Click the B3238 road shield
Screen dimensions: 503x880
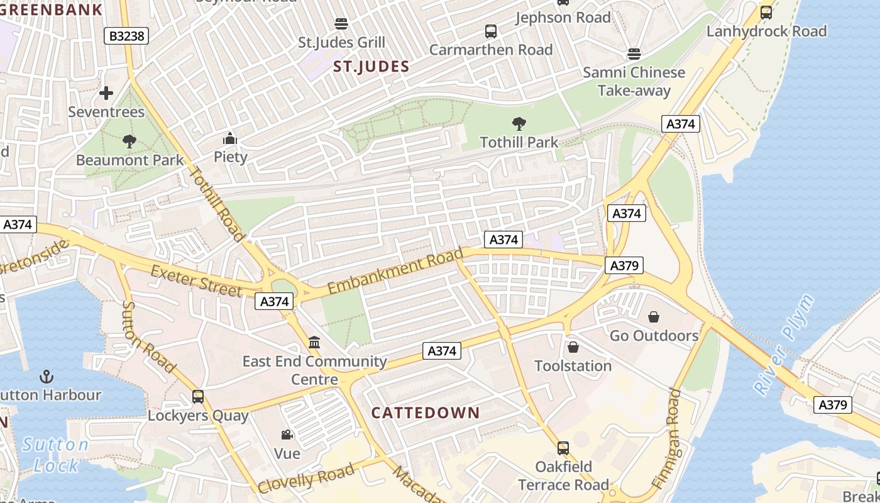pyautogui.click(x=126, y=36)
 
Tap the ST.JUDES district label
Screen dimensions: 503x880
pyautogui.click(x=371, y=67)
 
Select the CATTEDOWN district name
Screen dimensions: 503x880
pyautogui.click(x=426, y=413)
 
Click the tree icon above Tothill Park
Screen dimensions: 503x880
pyautogui.click(x=519, y=123)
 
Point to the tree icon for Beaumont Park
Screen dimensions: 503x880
pyautogui.click(x=129, y=141)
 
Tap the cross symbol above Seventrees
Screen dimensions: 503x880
pyautogui.click(x=106, y=93)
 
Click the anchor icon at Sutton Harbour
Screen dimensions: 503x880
pyautogui.click(x=45, y=377)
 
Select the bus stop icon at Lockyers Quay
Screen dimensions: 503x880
pyautogui.click(x=198, y=397)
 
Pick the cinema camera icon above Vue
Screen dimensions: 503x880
pyautogui.click(x=287, y=434)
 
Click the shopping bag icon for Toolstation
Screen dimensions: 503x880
pyautogui.click(x=573, y=347)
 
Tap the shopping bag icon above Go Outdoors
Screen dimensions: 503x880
pyautogui.click(x=654, y=317)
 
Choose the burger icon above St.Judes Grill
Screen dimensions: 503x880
pyautogui.click(x=341, y=24)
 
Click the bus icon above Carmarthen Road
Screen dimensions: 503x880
pyautogui.click(x=491, y=31)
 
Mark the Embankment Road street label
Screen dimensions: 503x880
pyautogui.click(x=395, y=271)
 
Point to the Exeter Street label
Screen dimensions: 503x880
pyautogui.click(x=196, y=281)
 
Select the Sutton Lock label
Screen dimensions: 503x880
pyautogui.click(x=55, y=455)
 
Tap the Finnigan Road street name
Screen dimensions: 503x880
pyautogui.click(x=666, y=438)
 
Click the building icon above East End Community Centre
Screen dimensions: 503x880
pyautogui.click(x=314, y=343)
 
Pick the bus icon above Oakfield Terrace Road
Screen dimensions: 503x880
pyautogui.click(x=563, y=448)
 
